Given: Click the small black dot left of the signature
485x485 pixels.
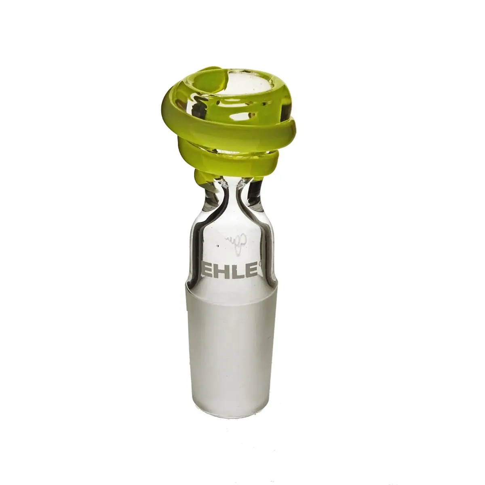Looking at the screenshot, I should pos(217,245).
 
